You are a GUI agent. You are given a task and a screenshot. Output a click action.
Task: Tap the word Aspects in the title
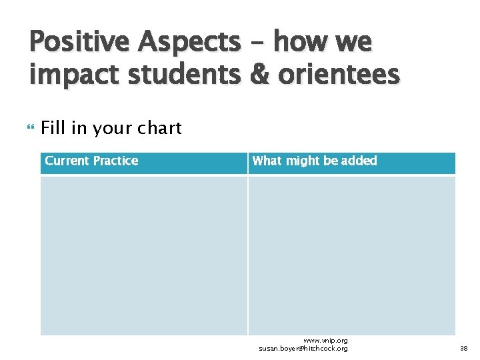(189, 43)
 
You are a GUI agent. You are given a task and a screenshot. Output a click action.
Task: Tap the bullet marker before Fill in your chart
(32, 128)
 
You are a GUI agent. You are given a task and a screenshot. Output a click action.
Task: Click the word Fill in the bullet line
(53, 128)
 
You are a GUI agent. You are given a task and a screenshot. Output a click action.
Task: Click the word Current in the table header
(67, 161)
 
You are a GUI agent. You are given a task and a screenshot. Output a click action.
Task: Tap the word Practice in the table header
(116, 161)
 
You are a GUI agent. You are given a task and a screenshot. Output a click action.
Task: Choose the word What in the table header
(267, 161)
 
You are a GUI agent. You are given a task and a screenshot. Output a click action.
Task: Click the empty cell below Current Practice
(143, 255)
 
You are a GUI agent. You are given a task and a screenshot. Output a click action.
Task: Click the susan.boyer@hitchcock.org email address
(303, 349)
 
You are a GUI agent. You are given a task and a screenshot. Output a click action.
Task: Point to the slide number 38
(464, 349)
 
